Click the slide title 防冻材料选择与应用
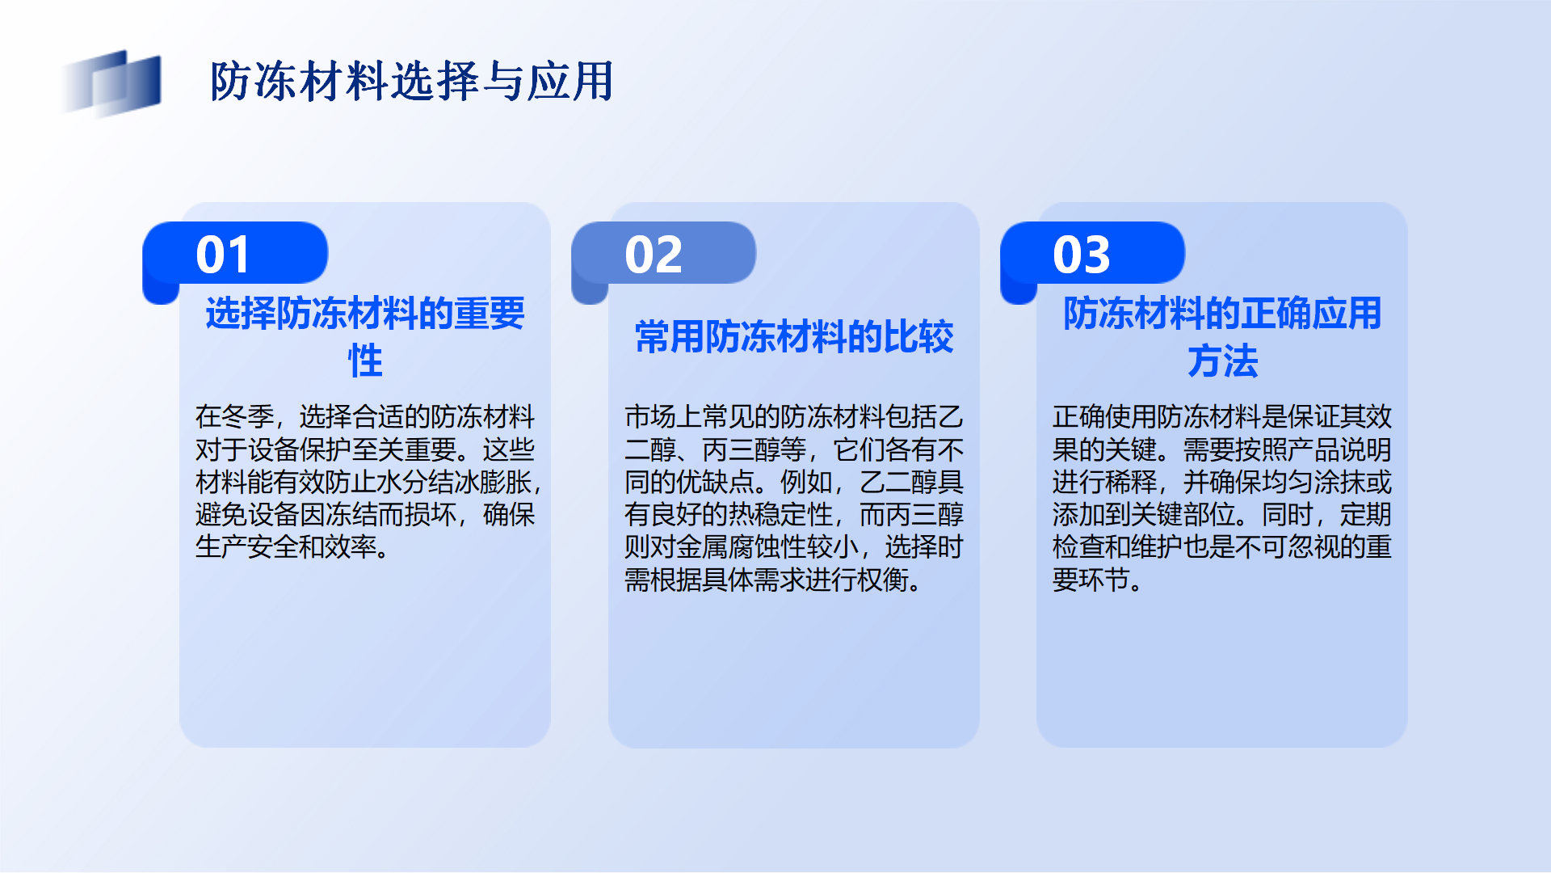412,82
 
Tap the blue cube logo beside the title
111,82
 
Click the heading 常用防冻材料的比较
794,337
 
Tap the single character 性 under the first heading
365,361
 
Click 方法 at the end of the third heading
1222,361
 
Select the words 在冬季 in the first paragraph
234,417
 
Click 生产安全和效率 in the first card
286,547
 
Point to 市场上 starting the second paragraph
663,417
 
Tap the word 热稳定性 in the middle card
780,515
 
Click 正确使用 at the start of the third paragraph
1104,417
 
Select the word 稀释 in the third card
1131,483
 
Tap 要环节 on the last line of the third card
1091,580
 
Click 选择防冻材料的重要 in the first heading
365,314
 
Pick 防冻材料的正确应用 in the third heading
1222,314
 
